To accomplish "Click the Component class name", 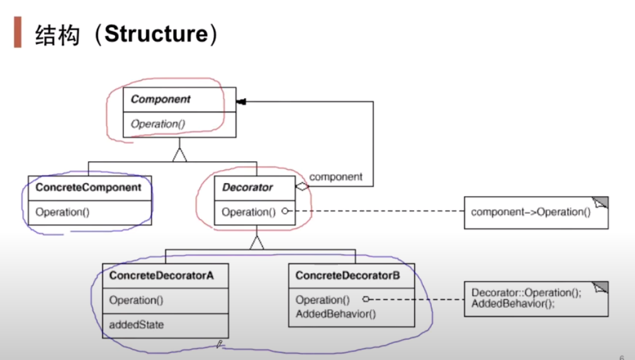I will pos(160,99).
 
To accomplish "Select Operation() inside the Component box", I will pos(158,124).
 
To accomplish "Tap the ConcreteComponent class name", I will pos(89,187).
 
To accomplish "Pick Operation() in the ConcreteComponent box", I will pos(62,212).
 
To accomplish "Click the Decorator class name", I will pos(247,187).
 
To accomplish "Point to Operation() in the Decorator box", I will pos(249,212).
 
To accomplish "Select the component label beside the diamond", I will pos(336,177).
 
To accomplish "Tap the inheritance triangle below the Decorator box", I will pos(256,242).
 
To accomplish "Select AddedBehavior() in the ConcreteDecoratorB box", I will pos(335,313).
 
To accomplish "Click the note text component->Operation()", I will pos(531,212).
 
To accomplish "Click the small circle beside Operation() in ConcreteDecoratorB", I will pos(365,300).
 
